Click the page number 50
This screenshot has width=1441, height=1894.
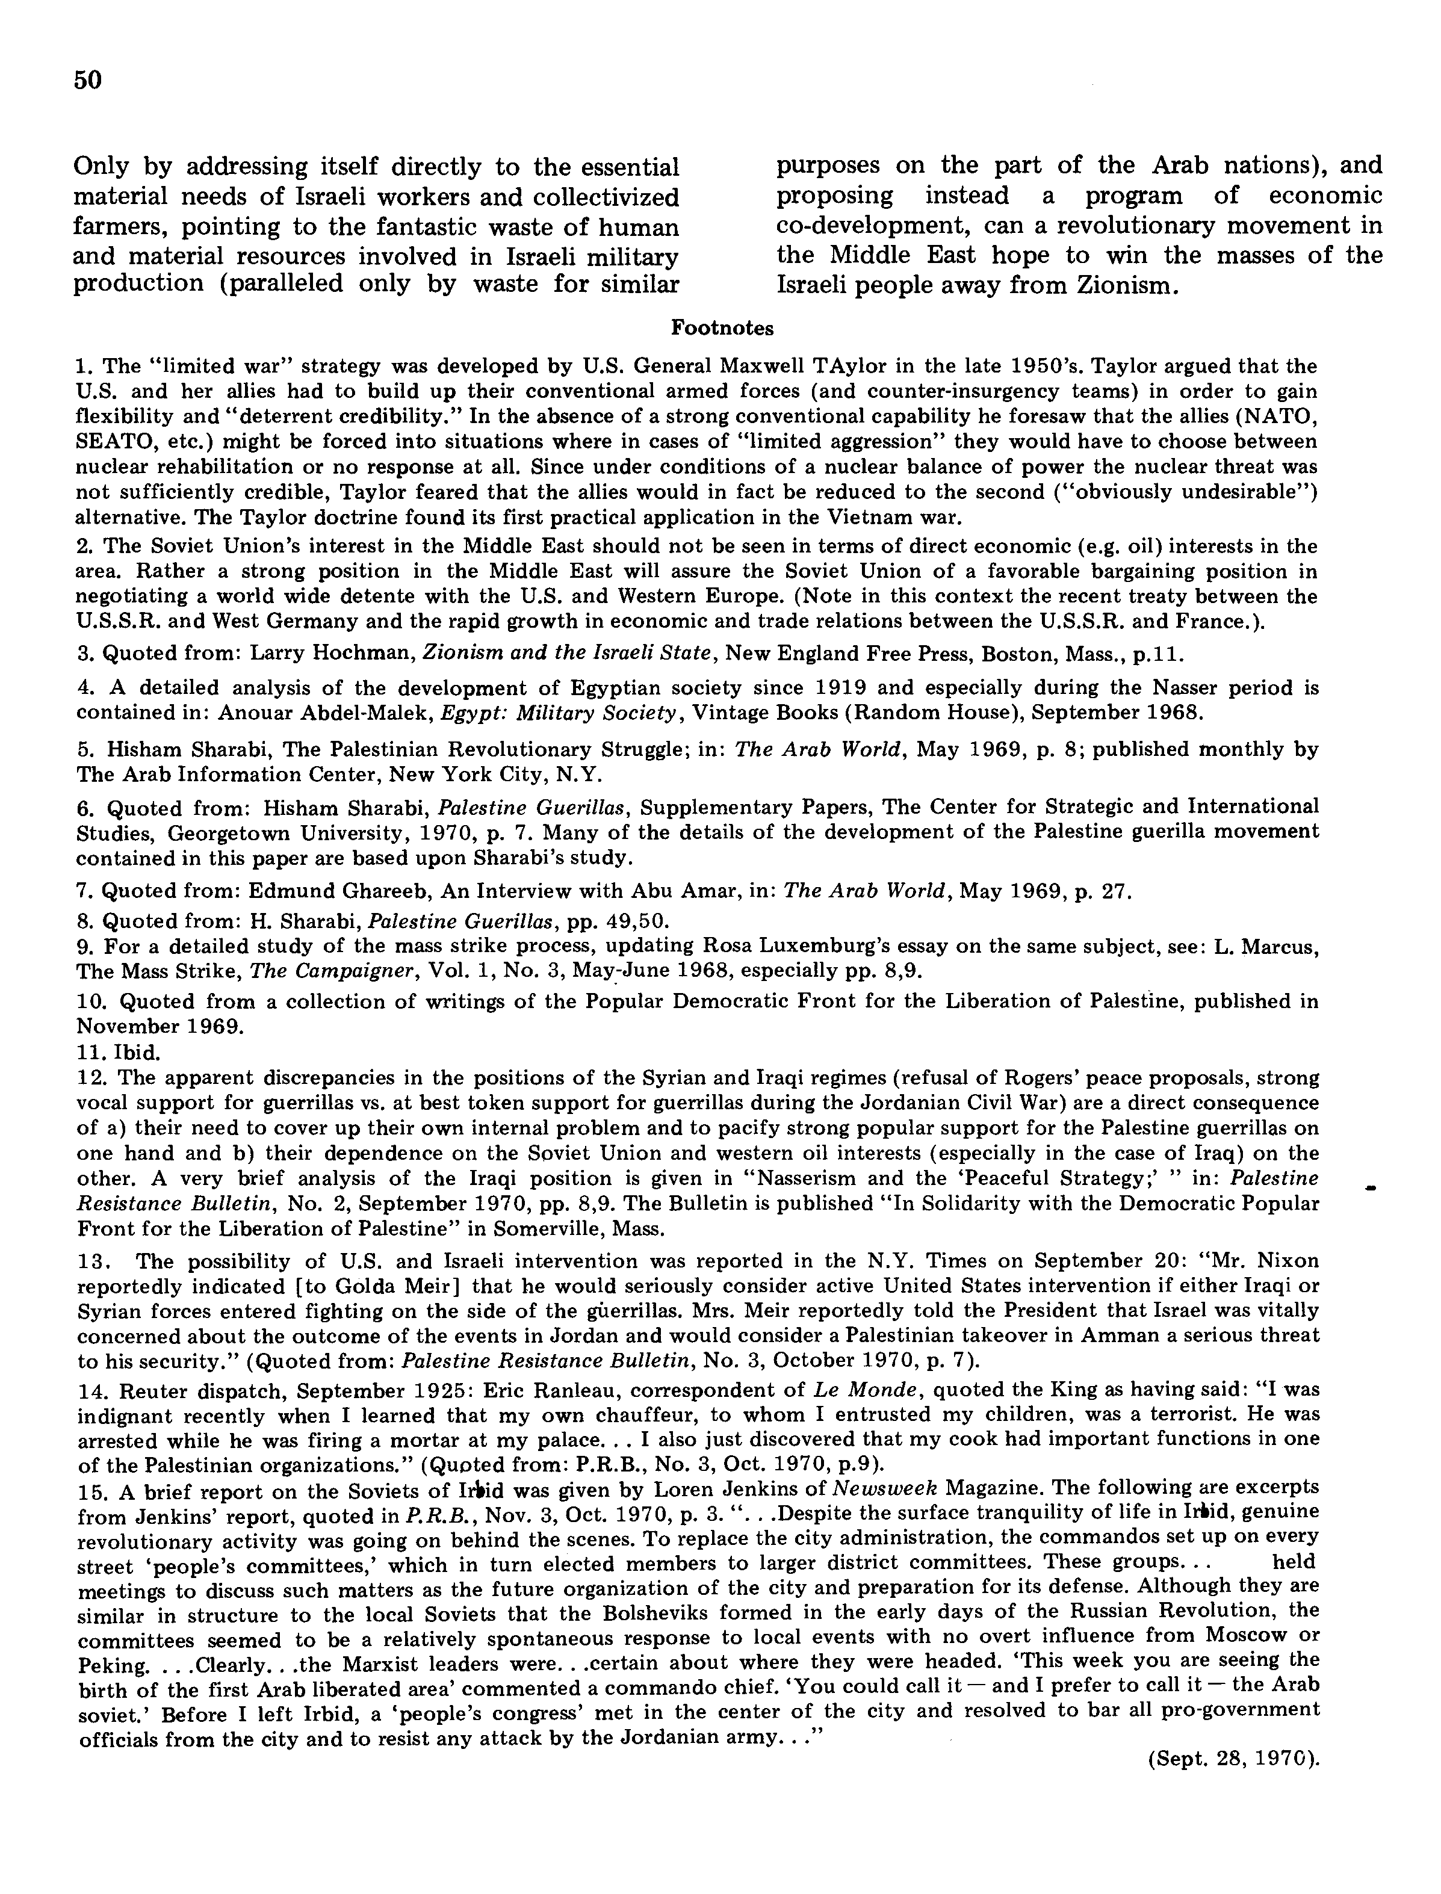87,79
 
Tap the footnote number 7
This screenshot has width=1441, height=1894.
83,892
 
